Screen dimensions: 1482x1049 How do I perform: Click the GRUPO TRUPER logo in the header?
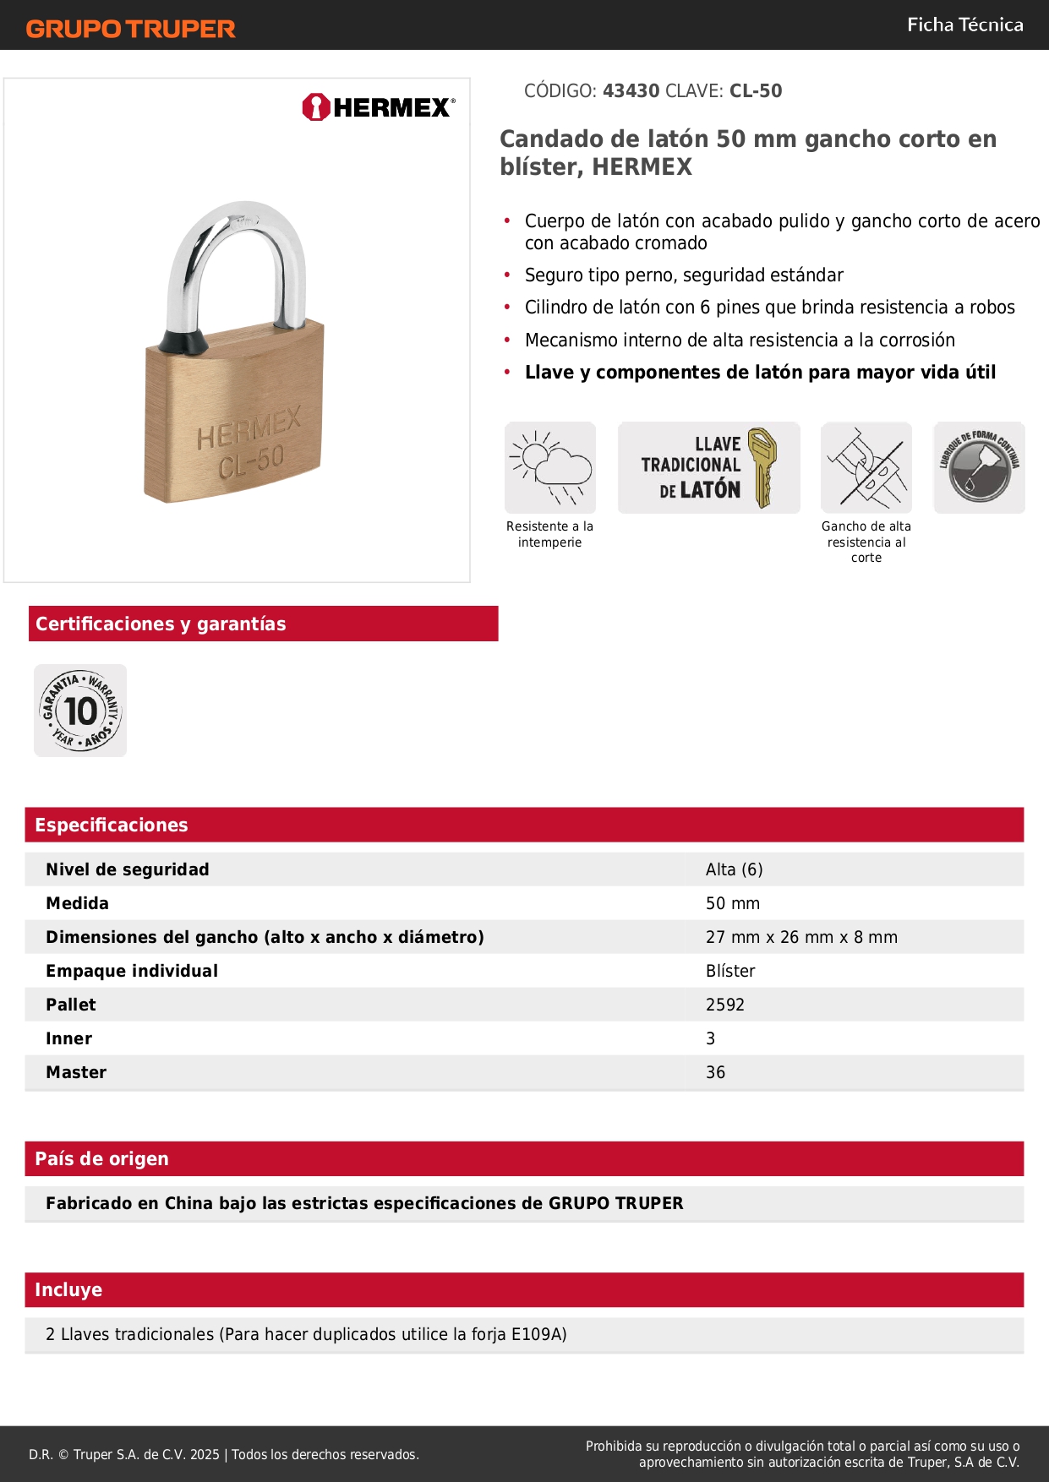pyautogui.click(x=130, y=29)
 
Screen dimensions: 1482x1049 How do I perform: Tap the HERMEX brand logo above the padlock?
pyautogui.click(x=378, y=107)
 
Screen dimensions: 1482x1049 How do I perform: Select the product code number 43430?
pyautogui.click(x=631, y=91)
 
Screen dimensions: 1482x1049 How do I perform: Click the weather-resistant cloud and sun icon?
pyautogui.click(x=550, y=467)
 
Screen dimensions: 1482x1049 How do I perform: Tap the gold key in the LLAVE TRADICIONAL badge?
pyautogui.click(x=762, y=466)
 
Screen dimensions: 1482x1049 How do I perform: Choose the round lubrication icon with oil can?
pyautogui.click(x=979, y=467)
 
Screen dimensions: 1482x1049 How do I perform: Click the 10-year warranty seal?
pyautogui.click(x=80, y=711)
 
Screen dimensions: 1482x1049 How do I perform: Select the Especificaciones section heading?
pyautogui.click(x=112, y=825)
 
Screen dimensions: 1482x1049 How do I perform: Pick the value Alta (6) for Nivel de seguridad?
pyautogui.click(x=734, y=869)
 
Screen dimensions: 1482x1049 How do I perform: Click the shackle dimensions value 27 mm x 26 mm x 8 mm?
pyautogui.click(x=801, y=937)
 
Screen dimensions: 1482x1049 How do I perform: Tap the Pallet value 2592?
pyautogui.click(x=724, y=1005)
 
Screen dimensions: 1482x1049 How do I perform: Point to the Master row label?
pyautogui.click(x=76, y=1072)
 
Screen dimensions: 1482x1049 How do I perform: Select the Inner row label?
pyautogui.click(x=68, y=1038)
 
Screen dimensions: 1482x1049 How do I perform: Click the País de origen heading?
pyautogui.click(x=101, y=1159)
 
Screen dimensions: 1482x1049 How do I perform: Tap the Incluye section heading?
pyautogui.click(x=68, y=1290)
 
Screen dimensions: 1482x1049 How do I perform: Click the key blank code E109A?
pyautogui.click(x=538, y=1334)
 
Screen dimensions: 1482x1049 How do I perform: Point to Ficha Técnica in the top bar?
pyautogui.click(x=964, y=25)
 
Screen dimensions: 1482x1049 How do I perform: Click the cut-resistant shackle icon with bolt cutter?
pyautogui.click(x=866, y=467)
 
